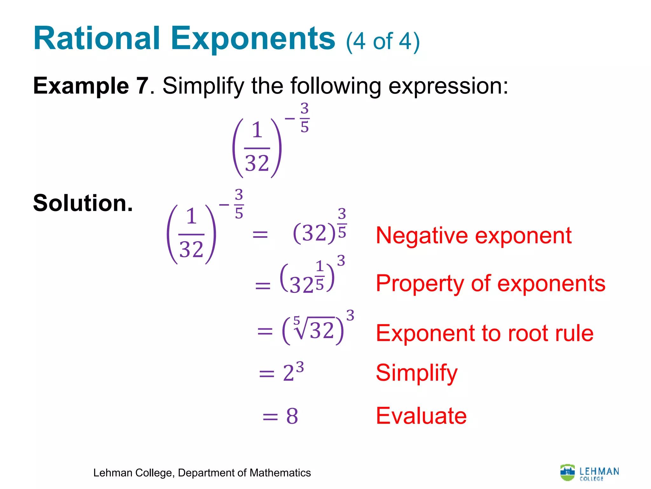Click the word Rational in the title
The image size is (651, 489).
tap(97, 39)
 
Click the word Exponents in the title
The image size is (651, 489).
tap(253, 39)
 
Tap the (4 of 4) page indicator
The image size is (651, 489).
tap(383, 42)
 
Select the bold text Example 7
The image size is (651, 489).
tap(91, 86)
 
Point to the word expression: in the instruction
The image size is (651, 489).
tap(448, 87)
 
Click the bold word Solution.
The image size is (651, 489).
tap(83, 203)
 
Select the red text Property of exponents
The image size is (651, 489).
tap(490, 283)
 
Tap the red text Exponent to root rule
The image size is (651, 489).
tap(484, 333)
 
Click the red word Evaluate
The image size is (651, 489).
tap(421, 416)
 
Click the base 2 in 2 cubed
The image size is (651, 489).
tap(289, 373)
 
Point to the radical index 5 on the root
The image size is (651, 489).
tap(297, 320)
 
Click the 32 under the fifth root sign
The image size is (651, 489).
tap(322, 330)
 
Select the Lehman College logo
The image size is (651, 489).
tap(589, 473)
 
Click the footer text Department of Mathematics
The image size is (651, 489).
tap(244, 473)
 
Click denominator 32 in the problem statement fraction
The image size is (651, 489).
tap(257, 164)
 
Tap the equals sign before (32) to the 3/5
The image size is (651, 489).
tap(260, 235)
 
